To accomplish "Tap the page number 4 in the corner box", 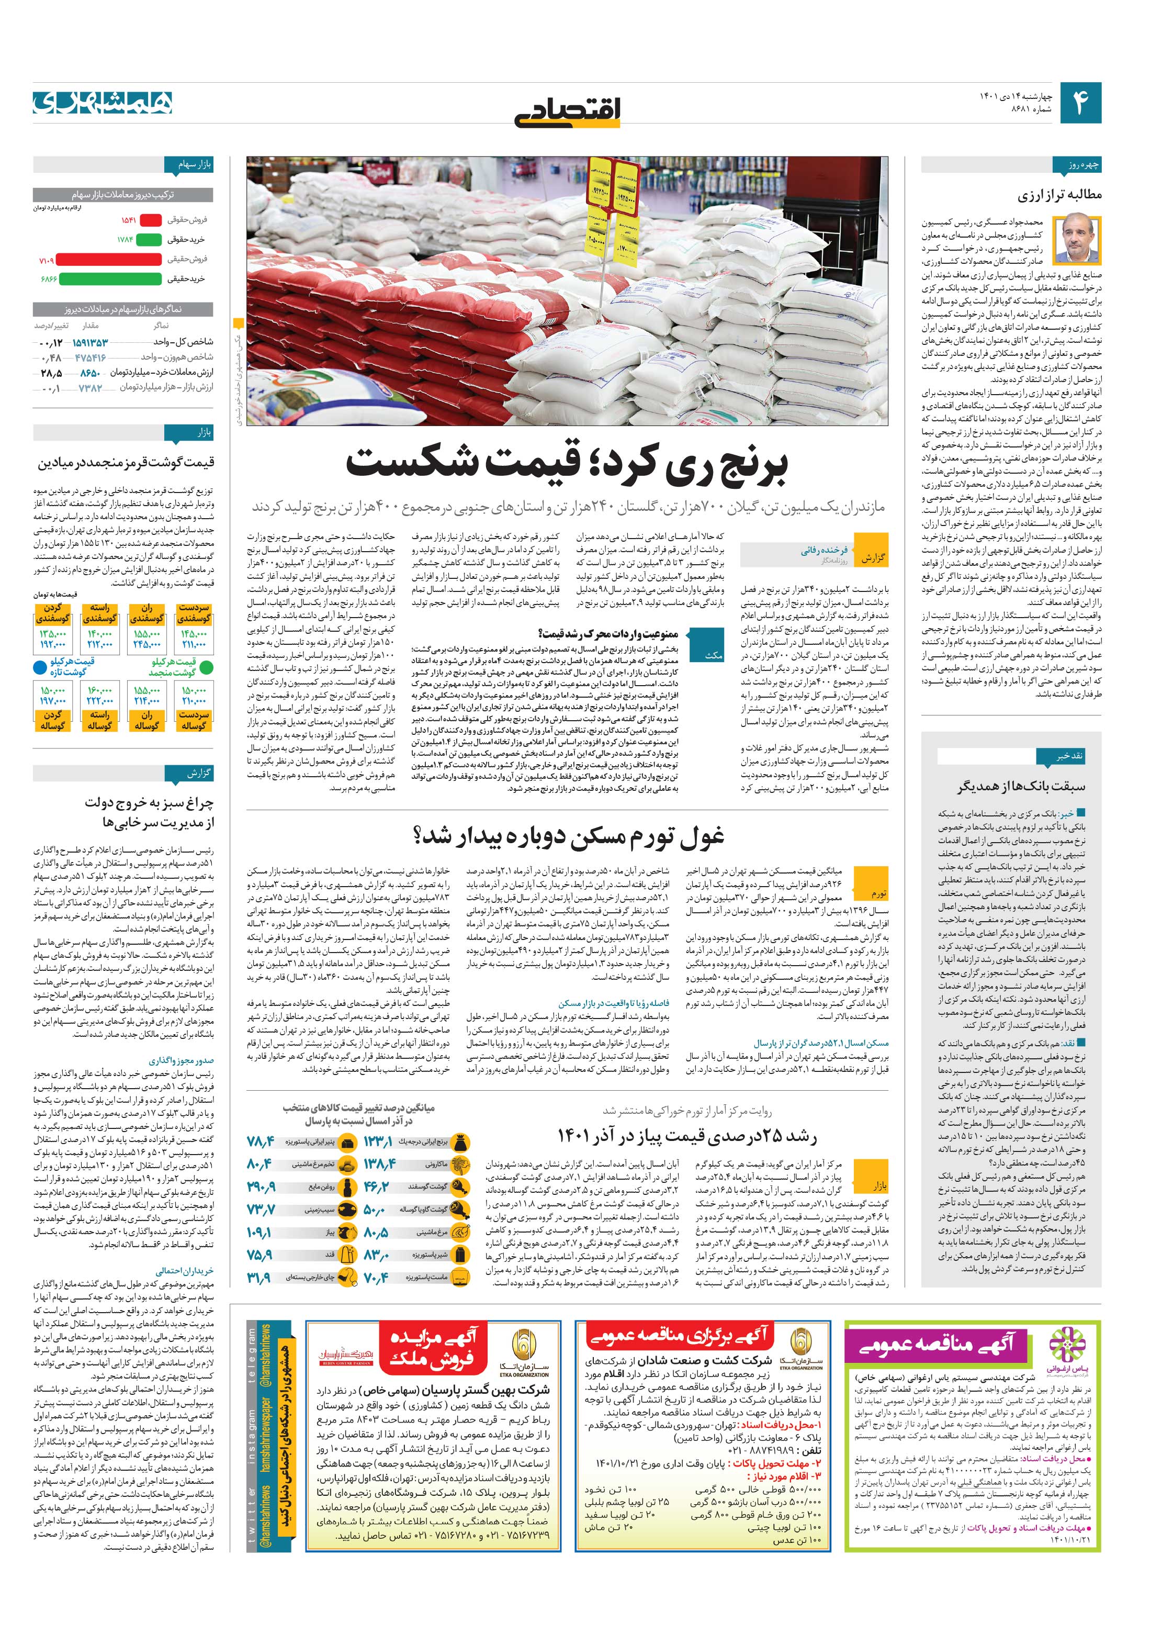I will click(1080, 103).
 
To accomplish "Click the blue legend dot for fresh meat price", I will click(40, 668).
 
